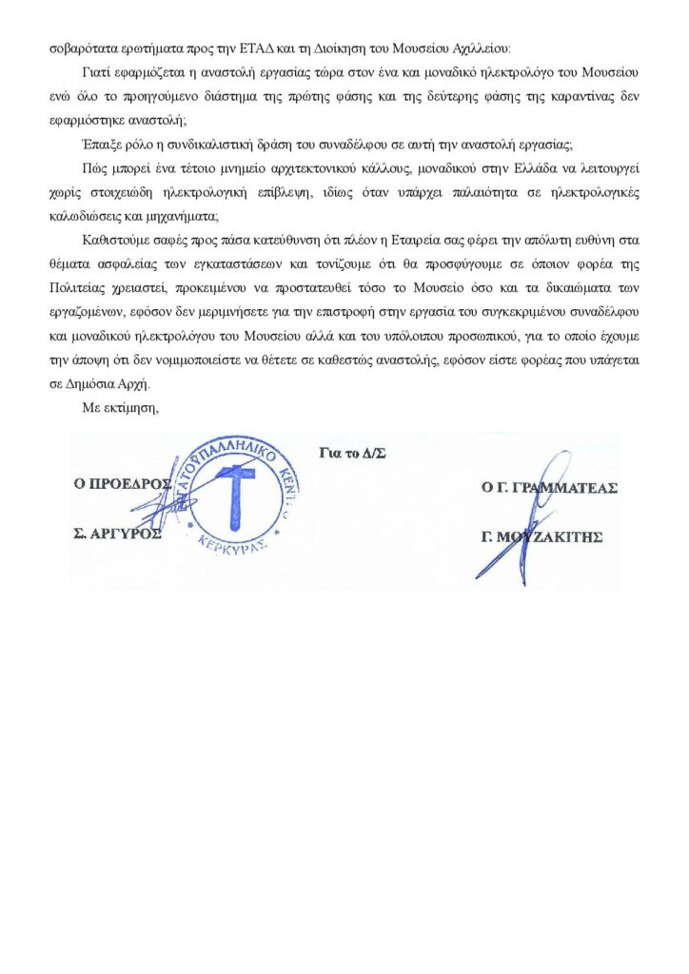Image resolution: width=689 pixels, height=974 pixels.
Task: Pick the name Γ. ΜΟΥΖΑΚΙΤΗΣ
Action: pyautogui.click(x=543, y=536)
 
